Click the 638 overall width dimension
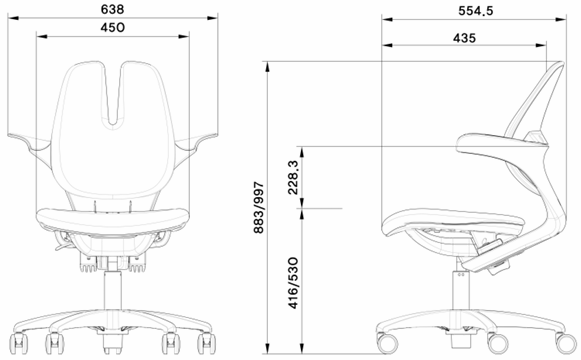[x=112, y=9]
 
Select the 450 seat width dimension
[x=113, y=28]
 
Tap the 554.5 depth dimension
[x=476, y=11]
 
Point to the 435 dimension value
[x=464, y=38]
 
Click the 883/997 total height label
[x=258, y=207]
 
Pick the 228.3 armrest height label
[x=293, y=177]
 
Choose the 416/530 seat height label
[x=293, y=283]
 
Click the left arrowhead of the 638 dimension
[x=13, y=18]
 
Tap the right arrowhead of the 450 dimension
[x=184, y=36]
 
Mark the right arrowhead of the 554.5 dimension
[x=561, y=19]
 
